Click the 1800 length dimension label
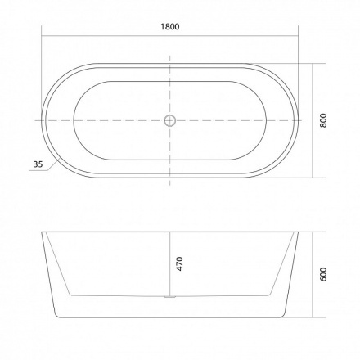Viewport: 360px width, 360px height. tap(169, 26)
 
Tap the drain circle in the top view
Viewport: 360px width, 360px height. tap(169, 119)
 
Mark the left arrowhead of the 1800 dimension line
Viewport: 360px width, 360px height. tap(43, 35)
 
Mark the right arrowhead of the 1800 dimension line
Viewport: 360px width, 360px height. tap(297, 35)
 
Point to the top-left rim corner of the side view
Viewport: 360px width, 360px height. tap(43, 232)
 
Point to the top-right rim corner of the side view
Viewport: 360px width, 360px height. tap(297, 232)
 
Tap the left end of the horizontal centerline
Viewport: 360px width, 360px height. tap(36, 119)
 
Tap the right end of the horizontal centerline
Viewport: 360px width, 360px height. tap(304, 119)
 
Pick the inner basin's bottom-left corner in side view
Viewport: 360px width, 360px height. tap(70, 293)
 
